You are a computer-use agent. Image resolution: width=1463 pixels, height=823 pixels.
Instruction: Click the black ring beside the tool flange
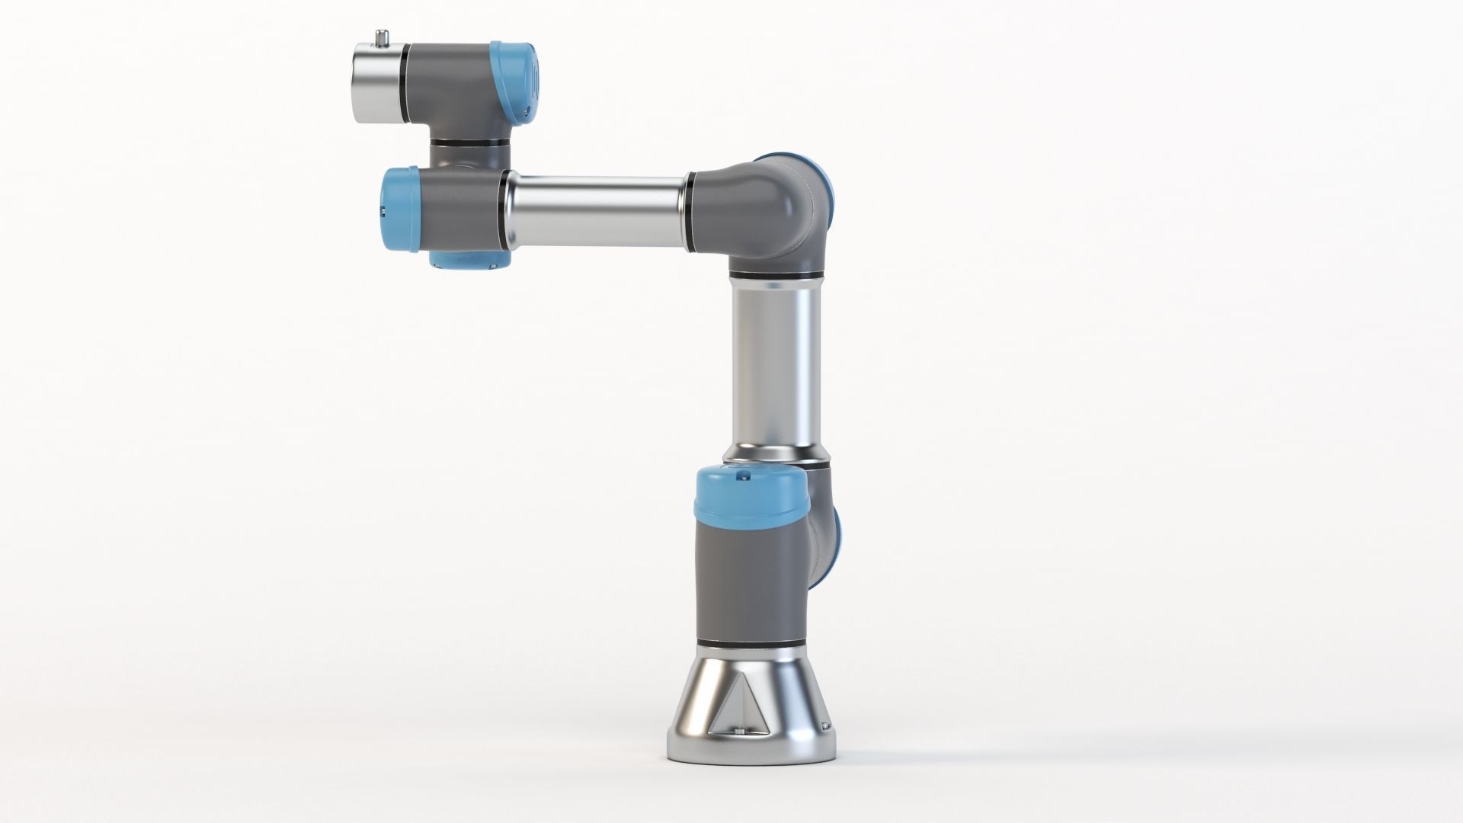tap(404, 83)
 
